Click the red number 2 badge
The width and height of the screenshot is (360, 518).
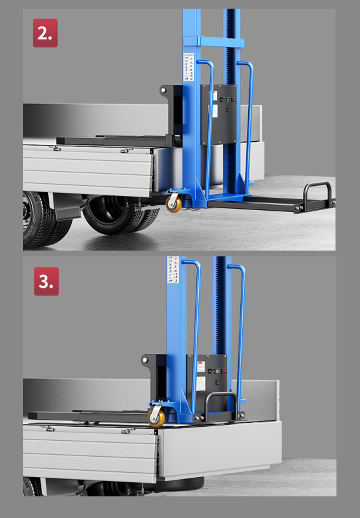coord(45,33)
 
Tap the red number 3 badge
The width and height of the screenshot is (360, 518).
coord(46,281)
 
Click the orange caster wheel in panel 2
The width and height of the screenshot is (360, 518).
coord(174,204)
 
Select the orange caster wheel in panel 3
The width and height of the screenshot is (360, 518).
coord(156,418)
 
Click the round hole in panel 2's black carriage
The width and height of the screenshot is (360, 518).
coord(164,90)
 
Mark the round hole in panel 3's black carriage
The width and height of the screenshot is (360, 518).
coord(145,360)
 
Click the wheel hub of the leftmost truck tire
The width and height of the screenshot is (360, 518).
coord(26,212)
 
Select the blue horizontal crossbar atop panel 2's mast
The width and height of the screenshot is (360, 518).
coord(221,42)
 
